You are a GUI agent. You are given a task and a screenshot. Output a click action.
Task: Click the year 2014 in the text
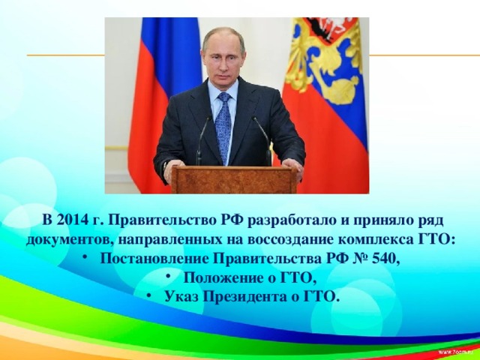tap(70, 220)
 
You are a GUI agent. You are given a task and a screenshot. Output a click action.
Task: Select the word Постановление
tap(154, 259)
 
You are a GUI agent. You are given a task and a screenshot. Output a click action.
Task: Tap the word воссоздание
tap(290, 240)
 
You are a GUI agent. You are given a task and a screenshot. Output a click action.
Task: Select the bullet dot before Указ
tap(149, 295)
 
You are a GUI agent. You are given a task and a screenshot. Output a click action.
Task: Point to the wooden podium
tap(234, 179)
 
